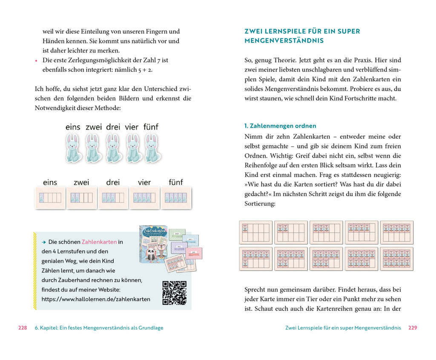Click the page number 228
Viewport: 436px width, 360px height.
click(23, 328)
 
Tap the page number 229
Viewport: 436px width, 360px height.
click(413, 328)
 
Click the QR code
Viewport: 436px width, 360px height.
click(175, 292)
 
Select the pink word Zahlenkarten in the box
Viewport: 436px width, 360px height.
click(99, 242)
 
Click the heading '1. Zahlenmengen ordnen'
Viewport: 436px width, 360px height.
click(280, 126)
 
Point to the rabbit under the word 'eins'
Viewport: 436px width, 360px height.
click(74, 148)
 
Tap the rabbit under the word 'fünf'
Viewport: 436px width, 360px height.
click(151, 148)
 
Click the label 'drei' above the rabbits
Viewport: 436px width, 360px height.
click(113, 127)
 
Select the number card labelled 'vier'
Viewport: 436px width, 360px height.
click(144, 197)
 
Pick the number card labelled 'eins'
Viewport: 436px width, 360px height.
click(50, 197)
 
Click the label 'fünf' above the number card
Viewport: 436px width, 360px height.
click(175, 183)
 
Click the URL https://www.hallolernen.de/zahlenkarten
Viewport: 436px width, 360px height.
click(96, 299)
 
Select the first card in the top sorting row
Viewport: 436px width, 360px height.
click(255, 232)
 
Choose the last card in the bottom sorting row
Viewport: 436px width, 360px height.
click(396, 259)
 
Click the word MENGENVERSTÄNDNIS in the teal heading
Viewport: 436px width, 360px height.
click(284, 41)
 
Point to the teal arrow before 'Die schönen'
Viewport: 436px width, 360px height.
click(43, 242)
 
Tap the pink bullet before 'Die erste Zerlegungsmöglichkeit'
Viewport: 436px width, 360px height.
click(36, 61)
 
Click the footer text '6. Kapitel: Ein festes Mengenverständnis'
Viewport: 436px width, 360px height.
click(99, 328)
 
